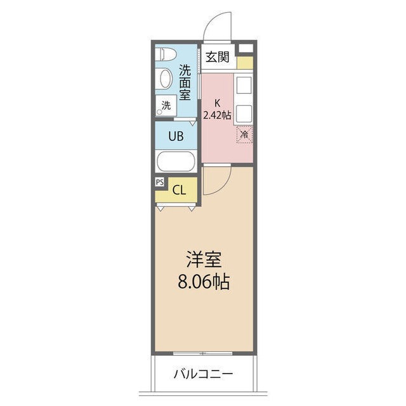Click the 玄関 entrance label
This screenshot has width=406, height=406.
(x=218, y=57)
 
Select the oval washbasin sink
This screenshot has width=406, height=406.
(x=165, y=79)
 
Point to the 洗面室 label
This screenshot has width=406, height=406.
(x=185, y=82)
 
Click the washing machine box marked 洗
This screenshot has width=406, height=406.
(x=166, y=106)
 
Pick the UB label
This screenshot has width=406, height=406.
(x=176, y=134)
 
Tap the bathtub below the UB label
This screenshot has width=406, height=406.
(x=178, y=162)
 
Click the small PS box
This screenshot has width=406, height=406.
(x=159, y=181)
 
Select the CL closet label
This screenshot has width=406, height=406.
(x=180, y=189)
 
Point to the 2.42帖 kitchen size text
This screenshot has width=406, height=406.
(x=217, y=115)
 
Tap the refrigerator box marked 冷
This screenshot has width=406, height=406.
(x=244, y=134)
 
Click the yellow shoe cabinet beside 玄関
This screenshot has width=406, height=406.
(x=245, y=63)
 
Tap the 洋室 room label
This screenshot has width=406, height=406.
(x=203, y=260)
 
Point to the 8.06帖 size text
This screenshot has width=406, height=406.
(x=203, y=281)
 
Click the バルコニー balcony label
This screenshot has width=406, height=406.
(x=203, y=374)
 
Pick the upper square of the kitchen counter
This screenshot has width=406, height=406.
(x=244, y=85)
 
